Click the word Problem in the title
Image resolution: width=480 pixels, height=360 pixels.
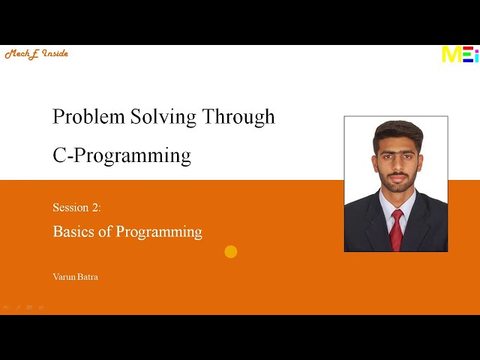80,117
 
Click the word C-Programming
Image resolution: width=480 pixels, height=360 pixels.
121,156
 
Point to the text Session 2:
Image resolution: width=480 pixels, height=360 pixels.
76,207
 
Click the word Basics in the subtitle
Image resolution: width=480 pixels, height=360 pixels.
72,232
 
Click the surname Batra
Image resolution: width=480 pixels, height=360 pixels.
88,277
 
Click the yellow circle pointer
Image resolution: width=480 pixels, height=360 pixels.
231,252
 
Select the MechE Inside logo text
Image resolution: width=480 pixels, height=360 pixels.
36,54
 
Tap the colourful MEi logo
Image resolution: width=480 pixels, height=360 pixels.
459,54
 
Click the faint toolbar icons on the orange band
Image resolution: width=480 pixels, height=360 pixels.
23,307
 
